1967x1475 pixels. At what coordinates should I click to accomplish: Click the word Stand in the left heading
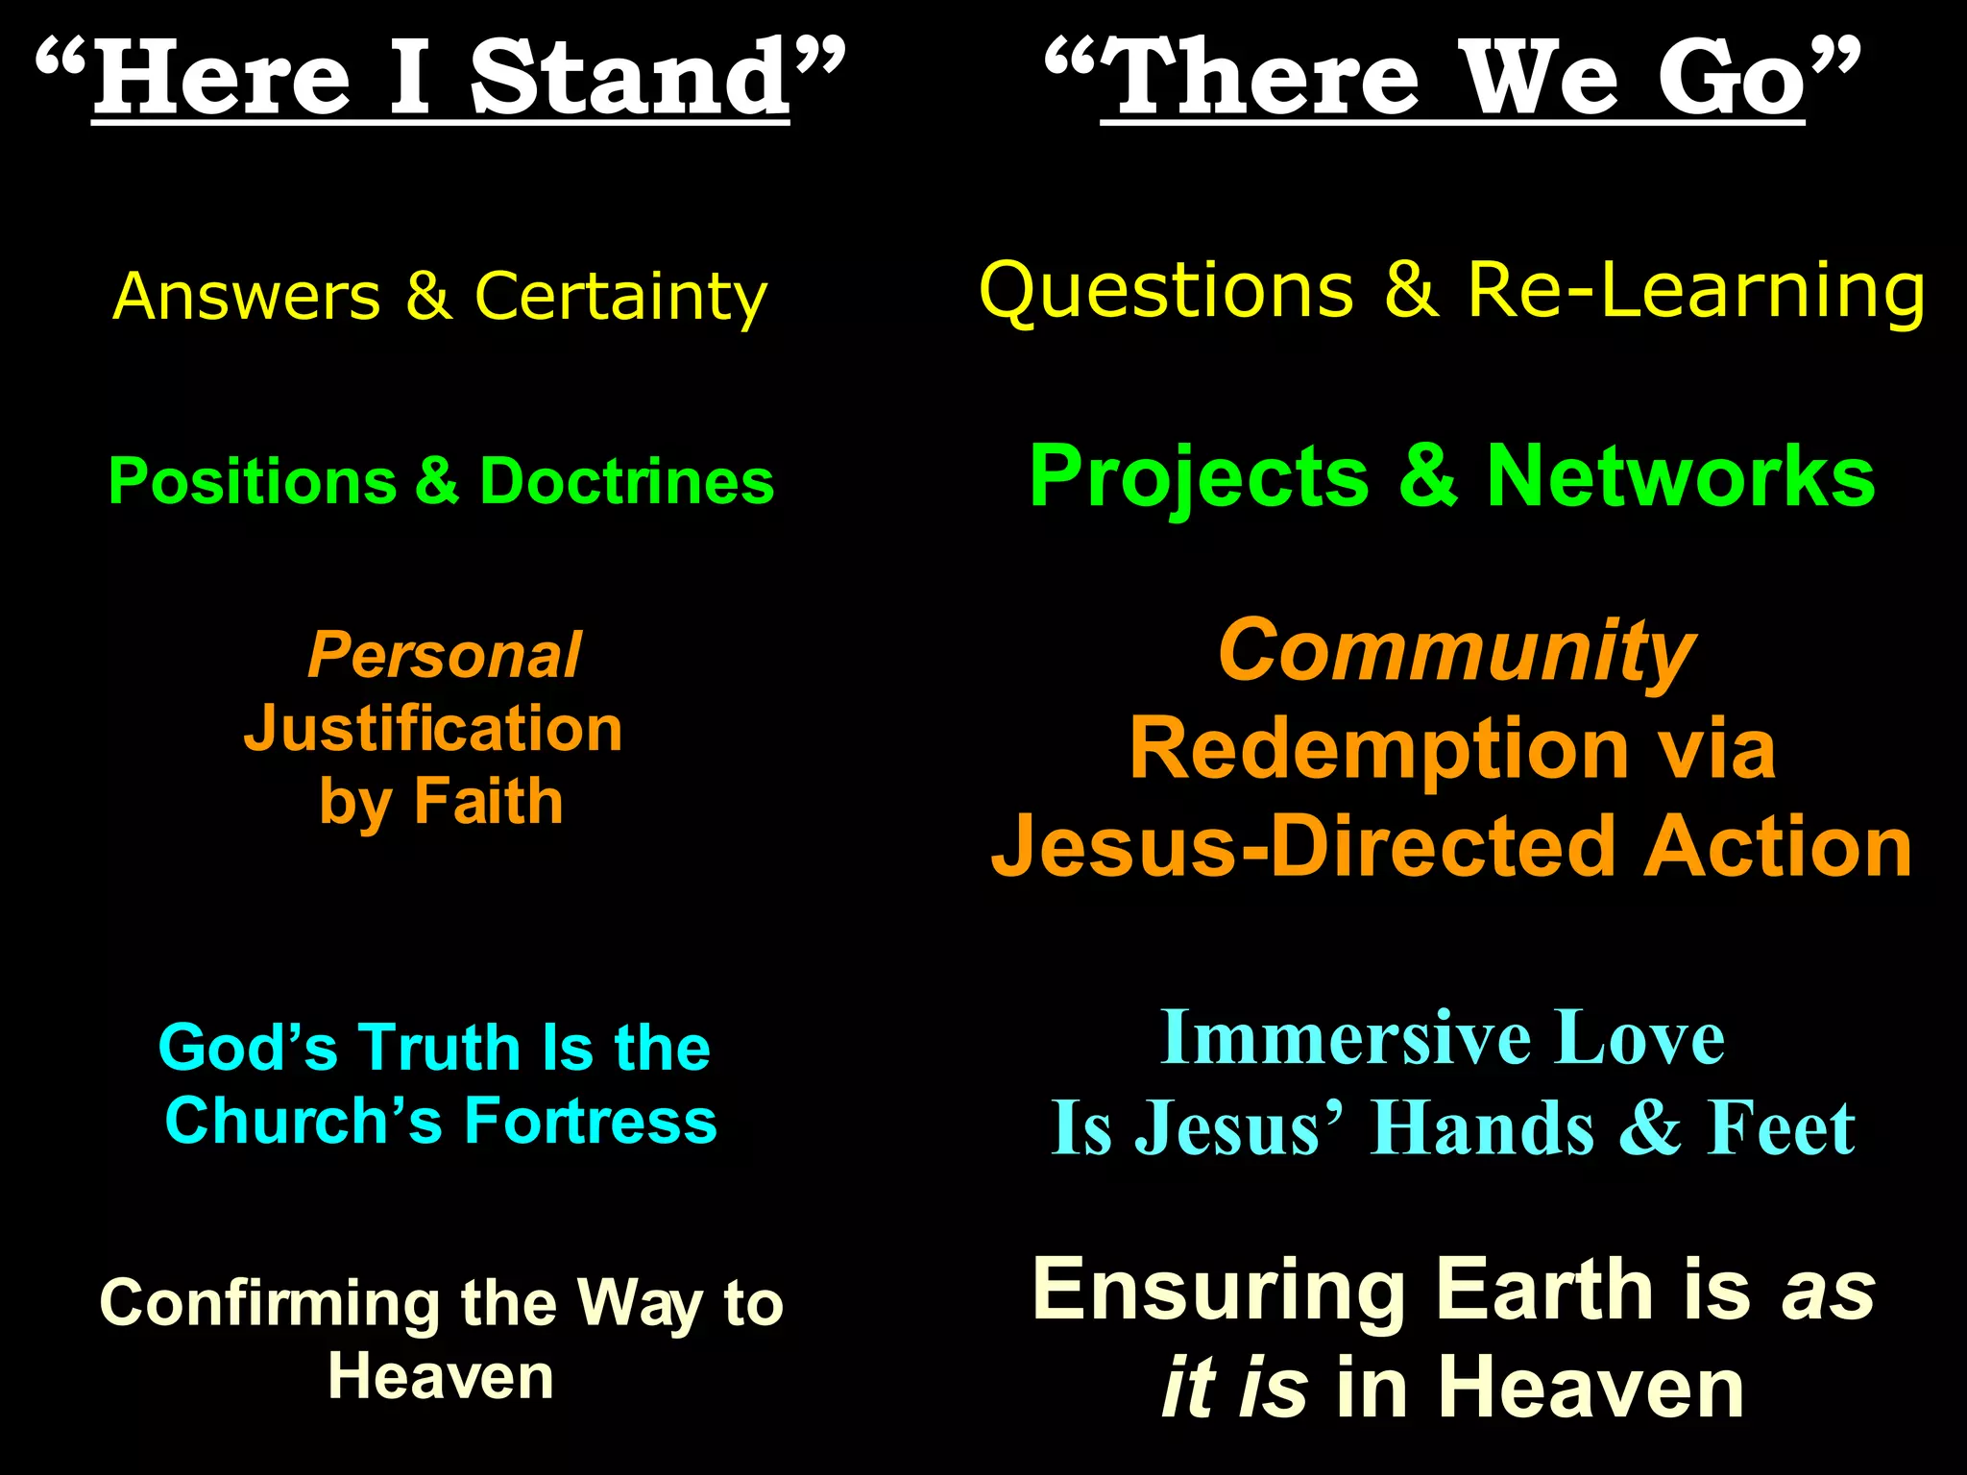pyautogui.click(x=629, y=79)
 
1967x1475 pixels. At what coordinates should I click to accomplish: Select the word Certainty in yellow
pyautogui.click(x=620, y=297)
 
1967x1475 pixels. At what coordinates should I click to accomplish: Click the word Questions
pyautogui.click(x=1166, y=292)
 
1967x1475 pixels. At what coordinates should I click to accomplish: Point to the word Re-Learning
pyautogui.click(x=1696, y=292)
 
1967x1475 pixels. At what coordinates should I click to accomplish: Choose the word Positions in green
pyautogui.click(x=253, y=481)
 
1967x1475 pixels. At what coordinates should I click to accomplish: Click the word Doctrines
pyautogui.click(x=626, y=481)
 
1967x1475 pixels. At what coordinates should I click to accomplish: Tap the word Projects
pyautogui.click(x=1199, y=477)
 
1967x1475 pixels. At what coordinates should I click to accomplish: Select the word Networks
pyautogui.click(x=1681, y=477)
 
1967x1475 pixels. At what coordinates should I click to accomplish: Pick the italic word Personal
pyautogui.click(x=444, y=656)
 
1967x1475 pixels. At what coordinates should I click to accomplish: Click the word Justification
pyautogui.click(x=433, y=729)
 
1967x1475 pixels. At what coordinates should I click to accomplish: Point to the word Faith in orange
pyautogui.click(x=488, y=802)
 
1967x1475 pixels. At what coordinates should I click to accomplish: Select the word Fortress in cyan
pyautogui.click(x=591, y=1121)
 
